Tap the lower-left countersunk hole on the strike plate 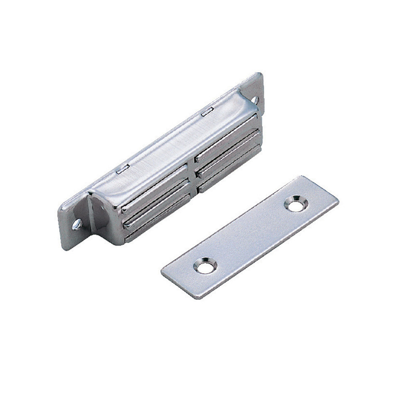pos(205,266)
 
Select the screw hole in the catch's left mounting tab pos(77,225)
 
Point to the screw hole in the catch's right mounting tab pos(255,100)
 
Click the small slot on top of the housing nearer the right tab pos(206,113)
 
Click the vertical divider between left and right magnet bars pos(192,174)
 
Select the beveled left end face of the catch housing pos(101,211)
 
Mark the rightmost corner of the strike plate pos(338,200)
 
